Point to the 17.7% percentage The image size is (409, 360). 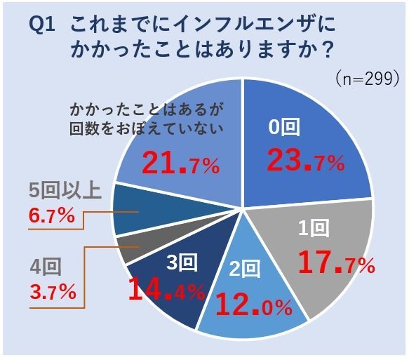pyautogui.click(x=336, y=263)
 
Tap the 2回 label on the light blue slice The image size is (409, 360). pyautogui.click(x=245, y=269)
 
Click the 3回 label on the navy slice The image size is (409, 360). pyautogui.click(x=181, y=262)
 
